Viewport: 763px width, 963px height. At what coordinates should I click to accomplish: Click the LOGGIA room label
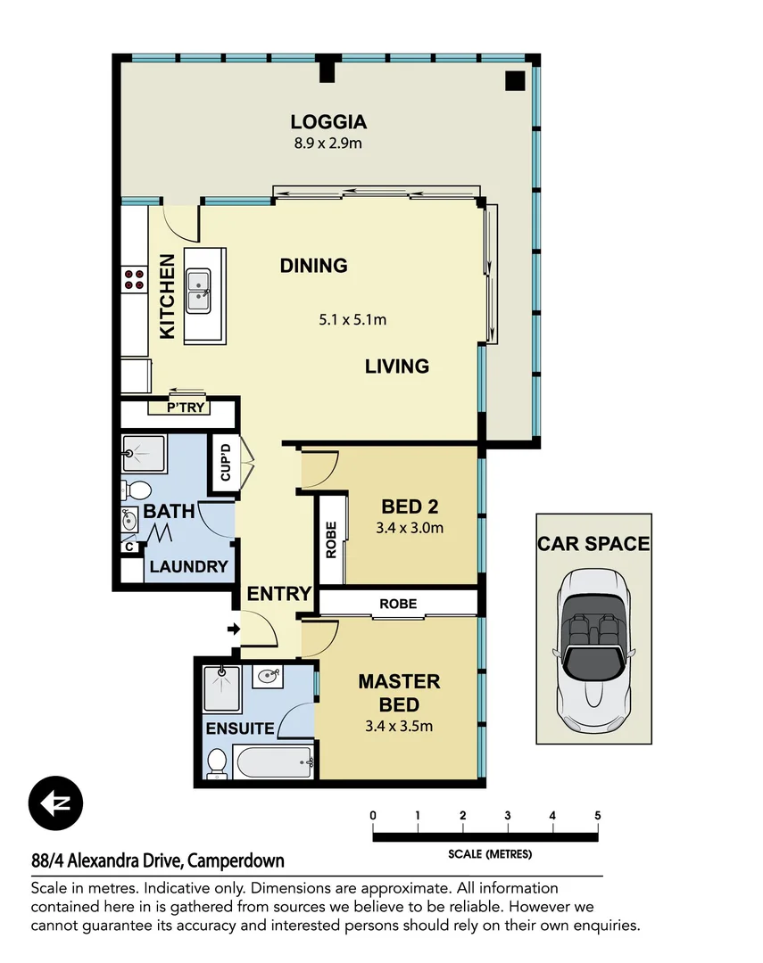[328, 123]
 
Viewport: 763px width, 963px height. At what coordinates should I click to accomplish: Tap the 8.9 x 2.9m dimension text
[328, 143]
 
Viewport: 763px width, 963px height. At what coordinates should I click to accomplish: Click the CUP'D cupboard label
[224, 463]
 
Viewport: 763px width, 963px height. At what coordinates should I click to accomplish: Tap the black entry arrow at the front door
[234, 630]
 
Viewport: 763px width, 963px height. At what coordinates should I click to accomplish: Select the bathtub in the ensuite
[273, 761]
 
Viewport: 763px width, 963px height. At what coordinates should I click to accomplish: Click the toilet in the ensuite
[216, 763]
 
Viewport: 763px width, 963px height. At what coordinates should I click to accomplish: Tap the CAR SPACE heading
[593, 543]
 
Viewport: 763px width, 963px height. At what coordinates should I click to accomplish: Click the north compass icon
[55, 803]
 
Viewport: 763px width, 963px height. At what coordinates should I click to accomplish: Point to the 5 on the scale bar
[597, 815]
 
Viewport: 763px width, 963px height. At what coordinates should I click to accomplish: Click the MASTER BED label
[399, 692]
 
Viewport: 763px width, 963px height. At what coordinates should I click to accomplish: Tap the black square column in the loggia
[515, 80]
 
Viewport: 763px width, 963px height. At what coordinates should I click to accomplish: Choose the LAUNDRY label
[188, 566]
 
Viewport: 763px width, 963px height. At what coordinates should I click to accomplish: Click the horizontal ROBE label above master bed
[397, 604]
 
